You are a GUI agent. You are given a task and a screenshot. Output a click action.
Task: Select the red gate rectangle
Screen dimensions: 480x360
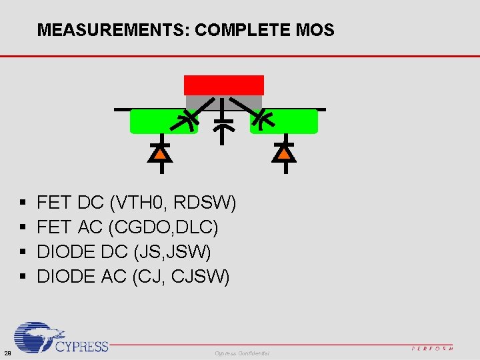224,85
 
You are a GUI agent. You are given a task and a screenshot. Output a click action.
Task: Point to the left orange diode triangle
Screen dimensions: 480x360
160,153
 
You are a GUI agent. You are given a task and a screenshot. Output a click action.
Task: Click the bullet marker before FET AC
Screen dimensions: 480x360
24,228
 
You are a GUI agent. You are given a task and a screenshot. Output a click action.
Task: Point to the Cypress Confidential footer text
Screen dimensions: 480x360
242,353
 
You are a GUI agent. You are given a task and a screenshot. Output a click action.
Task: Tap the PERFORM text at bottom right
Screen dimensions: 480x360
433,348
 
